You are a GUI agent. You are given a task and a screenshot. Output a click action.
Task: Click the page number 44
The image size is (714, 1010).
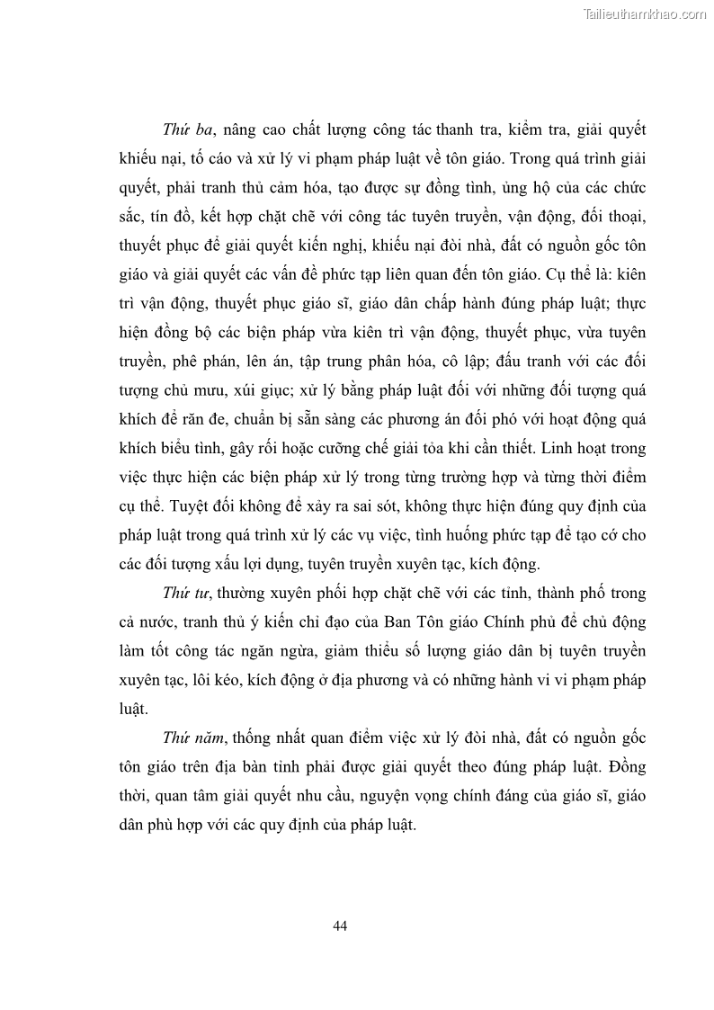tap(339, 925)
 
